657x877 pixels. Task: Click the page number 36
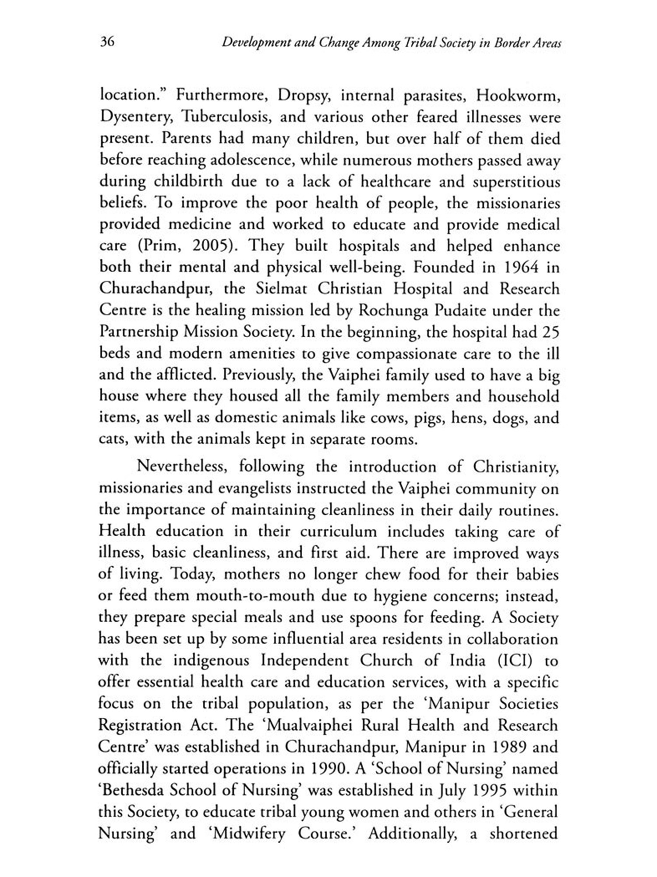pos(107,42)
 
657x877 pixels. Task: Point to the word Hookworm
pos(518,95)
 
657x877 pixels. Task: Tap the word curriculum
pos(338,531)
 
